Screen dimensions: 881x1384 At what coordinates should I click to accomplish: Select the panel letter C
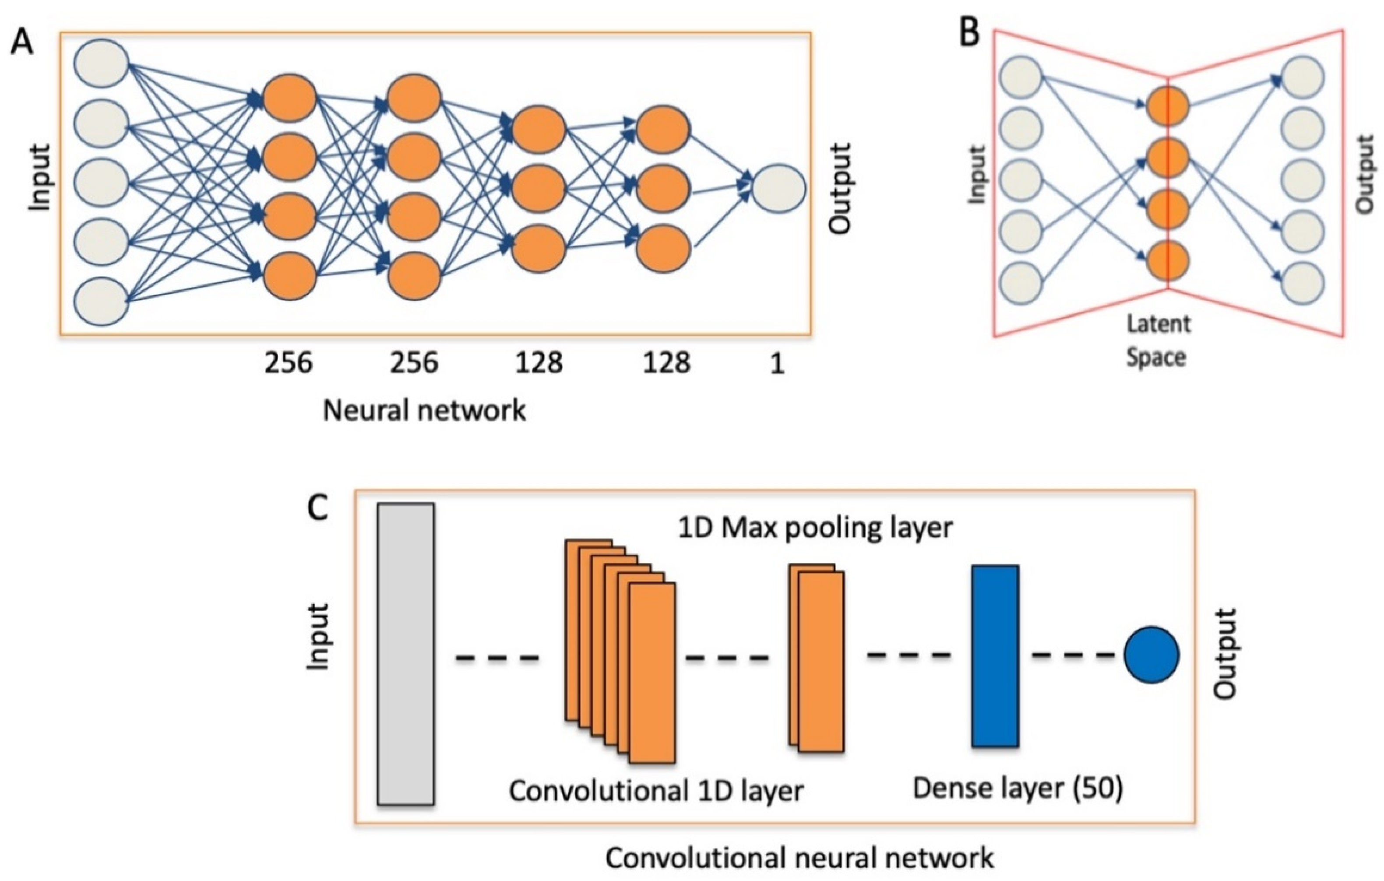[x=317, y=508]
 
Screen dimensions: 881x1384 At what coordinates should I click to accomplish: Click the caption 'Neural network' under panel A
[x=424, y=411]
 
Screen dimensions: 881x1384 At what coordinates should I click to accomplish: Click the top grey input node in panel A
[x=101, y=63]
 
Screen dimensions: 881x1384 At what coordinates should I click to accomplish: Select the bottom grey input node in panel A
[x=101, y=302]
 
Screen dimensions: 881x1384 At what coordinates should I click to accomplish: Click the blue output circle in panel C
[x=1151, y=655]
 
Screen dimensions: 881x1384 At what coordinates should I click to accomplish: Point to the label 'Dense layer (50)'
[x=1017, y=789]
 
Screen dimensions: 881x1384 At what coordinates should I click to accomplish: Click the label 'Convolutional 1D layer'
[x=656, y=791]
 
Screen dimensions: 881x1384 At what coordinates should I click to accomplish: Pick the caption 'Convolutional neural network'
[x=799, y=859]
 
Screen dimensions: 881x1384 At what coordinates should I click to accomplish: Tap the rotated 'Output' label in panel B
[x=1363, y=174]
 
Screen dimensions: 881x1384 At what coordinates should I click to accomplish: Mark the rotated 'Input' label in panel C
[x=317, y=636]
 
